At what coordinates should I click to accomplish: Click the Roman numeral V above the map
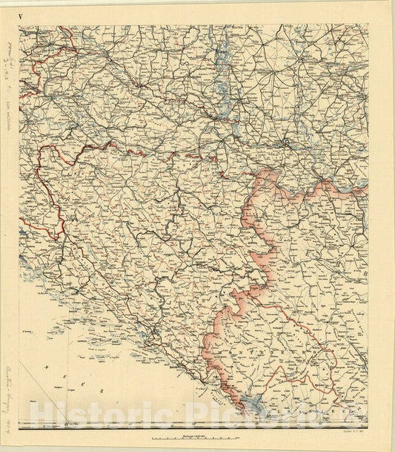coord(21,15)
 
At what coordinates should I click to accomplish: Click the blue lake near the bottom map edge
coord(256,404)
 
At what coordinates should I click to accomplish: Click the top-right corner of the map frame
coord(368,24)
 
